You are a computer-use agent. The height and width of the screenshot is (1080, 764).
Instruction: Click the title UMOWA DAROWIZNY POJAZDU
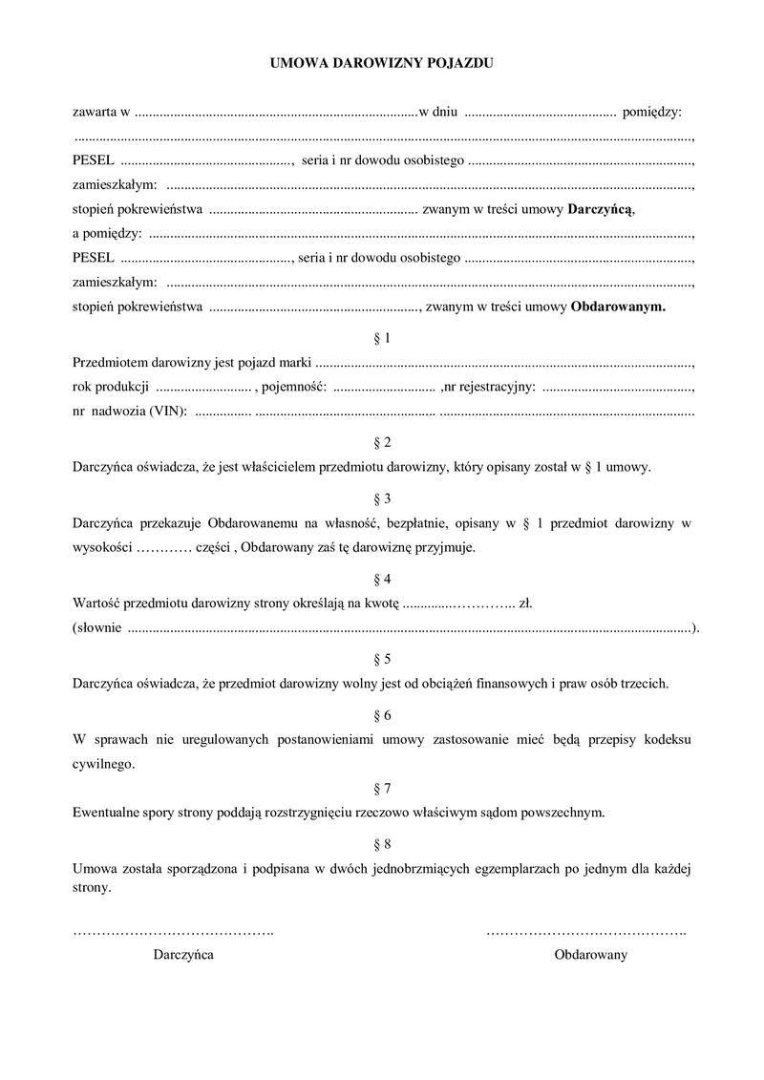pos(382,64)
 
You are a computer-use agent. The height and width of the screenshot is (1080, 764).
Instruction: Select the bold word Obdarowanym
pos(618,307)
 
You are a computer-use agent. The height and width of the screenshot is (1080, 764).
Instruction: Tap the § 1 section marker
pos(382,338)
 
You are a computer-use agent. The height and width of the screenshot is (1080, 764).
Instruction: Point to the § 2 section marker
pos(382,442)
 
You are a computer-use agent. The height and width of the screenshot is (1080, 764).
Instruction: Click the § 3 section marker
pos(382,498)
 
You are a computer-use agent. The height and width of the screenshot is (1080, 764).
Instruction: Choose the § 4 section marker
pos(382,579)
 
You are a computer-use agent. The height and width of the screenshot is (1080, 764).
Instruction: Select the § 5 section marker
pos(382,659)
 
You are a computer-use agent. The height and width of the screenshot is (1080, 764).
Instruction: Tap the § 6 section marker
pos(382,715)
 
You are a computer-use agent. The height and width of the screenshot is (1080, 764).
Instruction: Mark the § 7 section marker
pos(382,789)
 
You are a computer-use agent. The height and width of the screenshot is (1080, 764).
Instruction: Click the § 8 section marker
pos(382,844)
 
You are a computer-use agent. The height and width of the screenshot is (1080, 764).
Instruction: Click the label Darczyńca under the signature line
pos(183,955)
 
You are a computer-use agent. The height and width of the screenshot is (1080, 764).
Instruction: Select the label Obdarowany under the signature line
pos(591,955)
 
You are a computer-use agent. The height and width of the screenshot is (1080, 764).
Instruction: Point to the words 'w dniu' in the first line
pos(439,113)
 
